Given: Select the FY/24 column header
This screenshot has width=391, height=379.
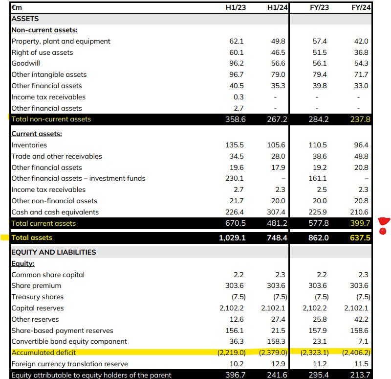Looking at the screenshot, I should click(x=360, y=7).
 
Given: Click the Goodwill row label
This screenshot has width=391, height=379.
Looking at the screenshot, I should click(x=25, y=64).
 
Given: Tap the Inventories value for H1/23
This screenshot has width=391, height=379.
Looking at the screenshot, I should click(x=235, y=145).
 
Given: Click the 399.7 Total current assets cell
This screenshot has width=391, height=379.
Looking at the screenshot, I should click(x=360, y=223).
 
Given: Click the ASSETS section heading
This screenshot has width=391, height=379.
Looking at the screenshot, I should click(x=24, y=19).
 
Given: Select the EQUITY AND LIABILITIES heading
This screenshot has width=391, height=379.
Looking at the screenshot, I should click(x=53, y=252).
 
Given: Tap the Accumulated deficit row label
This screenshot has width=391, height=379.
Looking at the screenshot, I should click(x=43, y=353).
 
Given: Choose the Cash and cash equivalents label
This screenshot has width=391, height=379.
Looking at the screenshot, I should click(x=55, y=212).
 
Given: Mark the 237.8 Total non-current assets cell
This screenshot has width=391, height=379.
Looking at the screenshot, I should click(x=360, y=119).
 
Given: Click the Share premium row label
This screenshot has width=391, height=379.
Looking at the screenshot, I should click(x=36, y=285).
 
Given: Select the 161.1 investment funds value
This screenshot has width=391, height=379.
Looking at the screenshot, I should click(x=318, y=178).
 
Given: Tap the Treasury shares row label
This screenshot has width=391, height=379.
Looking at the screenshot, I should click(x=38, y=297).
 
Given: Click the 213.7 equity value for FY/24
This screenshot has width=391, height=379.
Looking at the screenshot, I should click(x=360, y=375).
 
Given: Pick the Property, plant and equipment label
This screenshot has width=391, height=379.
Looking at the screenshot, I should click(x=61, y=41).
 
